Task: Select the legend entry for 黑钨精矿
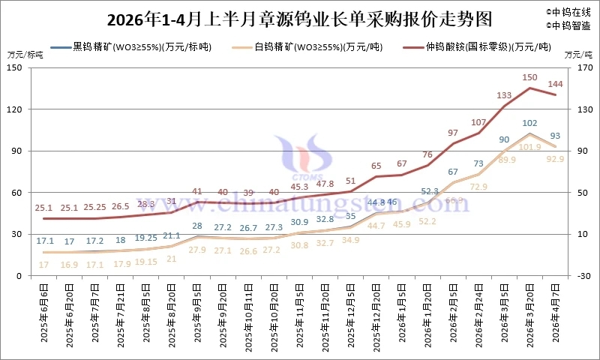tap(142, 47)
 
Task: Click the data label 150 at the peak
tap(529, 77)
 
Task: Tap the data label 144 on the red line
tap(556, 83)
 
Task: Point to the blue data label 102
tap(529, 123)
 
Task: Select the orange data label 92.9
tap(556, 159)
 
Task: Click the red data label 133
tap(504, 95)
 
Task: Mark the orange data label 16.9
tap(68, 265)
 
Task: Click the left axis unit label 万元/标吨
tap(25, 55)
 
